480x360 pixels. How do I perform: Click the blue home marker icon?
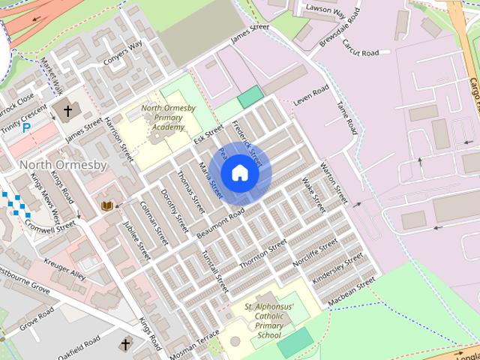239,173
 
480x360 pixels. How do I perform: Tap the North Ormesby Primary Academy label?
169,117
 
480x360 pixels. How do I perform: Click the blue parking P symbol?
28,128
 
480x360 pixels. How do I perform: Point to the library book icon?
106,205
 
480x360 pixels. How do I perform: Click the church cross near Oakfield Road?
124,344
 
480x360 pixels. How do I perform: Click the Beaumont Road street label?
221,223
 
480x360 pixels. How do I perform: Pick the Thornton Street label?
262,255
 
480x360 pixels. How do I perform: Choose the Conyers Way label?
123,54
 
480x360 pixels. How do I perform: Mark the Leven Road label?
310,95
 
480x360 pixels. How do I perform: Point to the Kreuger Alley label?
64,268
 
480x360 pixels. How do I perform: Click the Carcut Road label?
360,52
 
